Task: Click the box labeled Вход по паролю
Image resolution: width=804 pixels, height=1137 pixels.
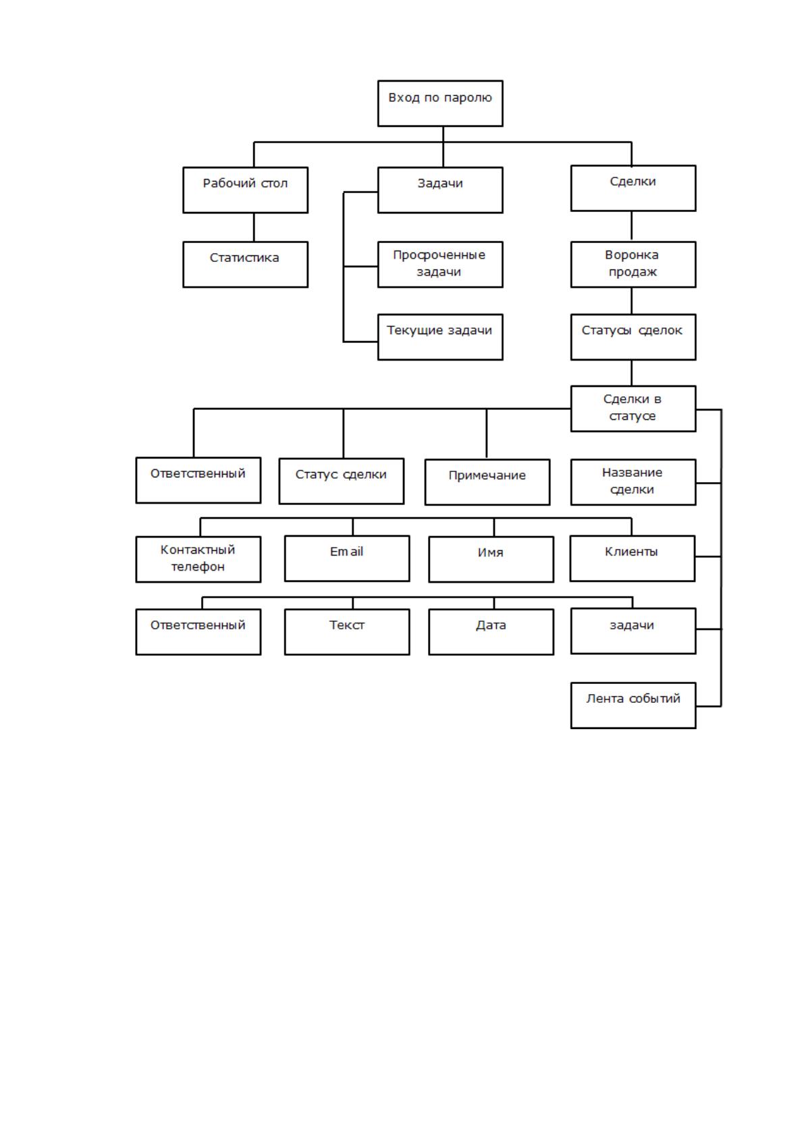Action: (x=440, y=103)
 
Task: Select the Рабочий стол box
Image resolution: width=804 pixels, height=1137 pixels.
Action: (x=245, y=190)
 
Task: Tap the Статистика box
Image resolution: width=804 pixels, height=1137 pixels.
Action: (x=245, y=265)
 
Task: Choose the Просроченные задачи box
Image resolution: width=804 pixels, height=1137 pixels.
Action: (x=440, y=265)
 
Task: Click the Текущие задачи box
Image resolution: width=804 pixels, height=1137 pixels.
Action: (x=440, y=337)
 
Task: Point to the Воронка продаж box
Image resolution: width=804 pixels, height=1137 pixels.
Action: (x=633, y=265)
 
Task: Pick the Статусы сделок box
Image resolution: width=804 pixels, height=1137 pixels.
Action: (x=633, y=337)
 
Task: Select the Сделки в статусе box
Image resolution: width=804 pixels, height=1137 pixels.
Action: (x=633, y=408)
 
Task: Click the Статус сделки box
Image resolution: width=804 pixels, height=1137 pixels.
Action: (x=341, y=481)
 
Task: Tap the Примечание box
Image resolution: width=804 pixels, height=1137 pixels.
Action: (x=487, y=482)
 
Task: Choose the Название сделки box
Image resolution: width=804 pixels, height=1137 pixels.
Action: (x=633, y=482)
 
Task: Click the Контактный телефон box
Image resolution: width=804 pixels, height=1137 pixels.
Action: (x=198, y=559)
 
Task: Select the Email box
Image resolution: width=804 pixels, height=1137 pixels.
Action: (x=347, y=558)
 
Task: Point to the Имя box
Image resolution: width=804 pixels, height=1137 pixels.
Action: (x=491, y=559)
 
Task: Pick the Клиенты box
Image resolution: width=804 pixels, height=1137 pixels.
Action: (x=632, y=558)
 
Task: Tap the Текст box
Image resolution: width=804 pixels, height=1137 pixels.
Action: (x=347, y=632)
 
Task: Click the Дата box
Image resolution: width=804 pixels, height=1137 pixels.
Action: (x=491, y=632)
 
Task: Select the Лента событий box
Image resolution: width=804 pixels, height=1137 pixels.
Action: (x=633, y=706)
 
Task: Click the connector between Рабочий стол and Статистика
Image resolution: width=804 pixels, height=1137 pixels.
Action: (x=254, y=228)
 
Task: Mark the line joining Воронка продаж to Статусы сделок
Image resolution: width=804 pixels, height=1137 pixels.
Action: (x=631, y=301)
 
